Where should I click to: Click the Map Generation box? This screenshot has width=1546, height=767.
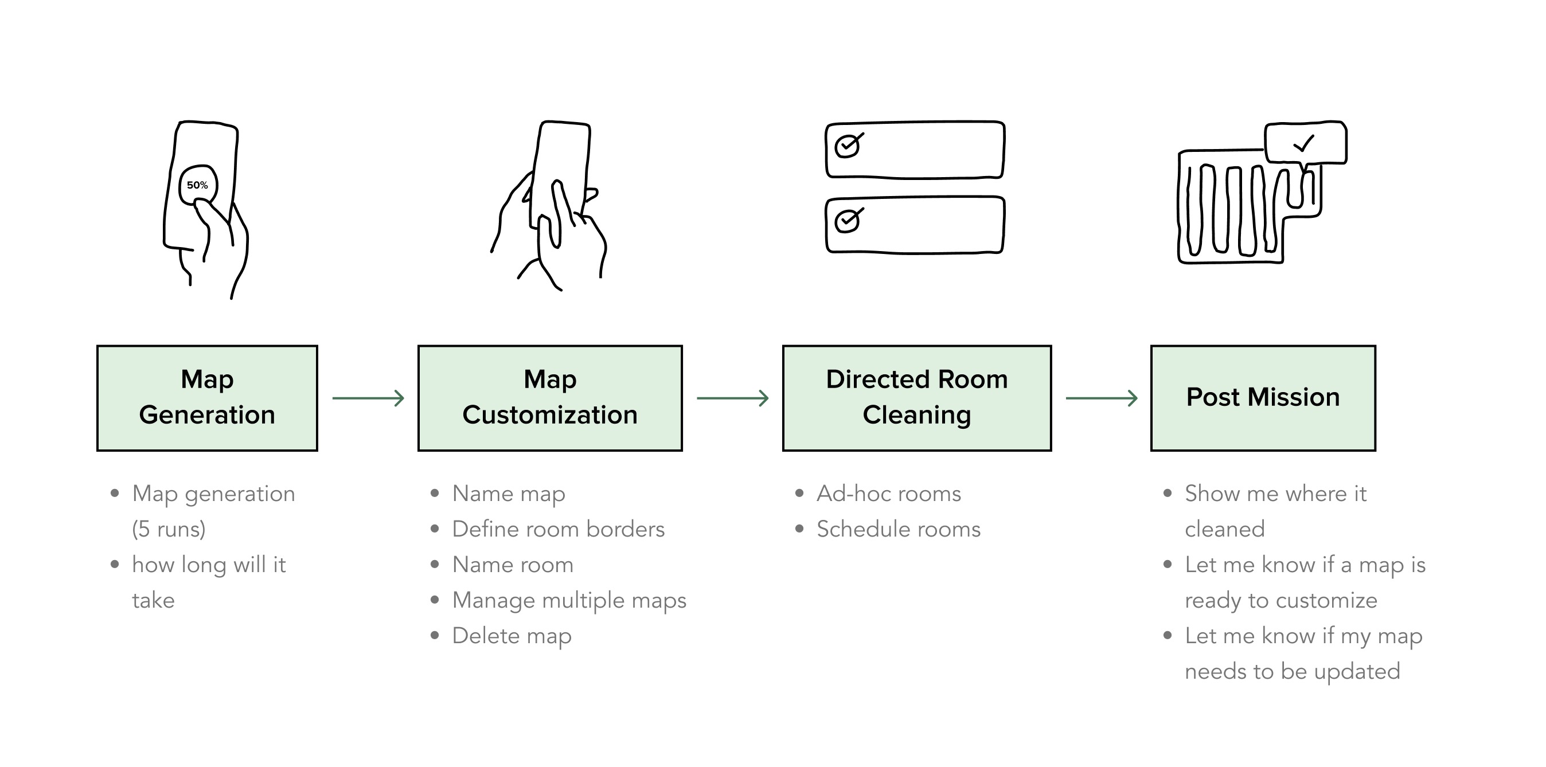[207, 398]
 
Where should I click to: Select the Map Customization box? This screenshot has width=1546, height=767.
[550, 398]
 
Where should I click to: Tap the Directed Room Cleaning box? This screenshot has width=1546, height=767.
[916, 398]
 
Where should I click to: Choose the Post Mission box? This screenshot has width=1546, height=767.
[1263, 398]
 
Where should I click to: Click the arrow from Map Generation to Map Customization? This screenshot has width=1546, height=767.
[369, 398]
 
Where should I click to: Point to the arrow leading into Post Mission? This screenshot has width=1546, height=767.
[1101, 398]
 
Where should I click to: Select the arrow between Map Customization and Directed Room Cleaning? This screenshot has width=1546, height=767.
[732, 398]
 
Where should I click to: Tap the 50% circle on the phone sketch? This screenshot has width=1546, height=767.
[197, 185]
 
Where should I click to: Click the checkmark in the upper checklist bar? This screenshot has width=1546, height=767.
[848, 145]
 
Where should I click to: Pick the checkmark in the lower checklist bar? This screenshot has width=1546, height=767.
[848, 220]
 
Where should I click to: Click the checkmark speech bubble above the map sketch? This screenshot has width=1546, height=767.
[1305, 143]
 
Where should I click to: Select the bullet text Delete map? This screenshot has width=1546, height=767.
[512, 636]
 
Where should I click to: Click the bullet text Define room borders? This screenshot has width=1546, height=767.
[558, 529]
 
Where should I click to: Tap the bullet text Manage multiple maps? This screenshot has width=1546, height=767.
[569, 600]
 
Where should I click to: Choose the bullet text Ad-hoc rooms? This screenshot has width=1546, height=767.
[888, 494]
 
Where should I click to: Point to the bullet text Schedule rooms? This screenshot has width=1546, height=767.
[899, 529]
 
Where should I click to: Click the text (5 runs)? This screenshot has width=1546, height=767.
[169, 529]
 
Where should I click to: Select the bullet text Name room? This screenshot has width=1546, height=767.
[513, 565]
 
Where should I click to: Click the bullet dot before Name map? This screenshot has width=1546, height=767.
[435, 494]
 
